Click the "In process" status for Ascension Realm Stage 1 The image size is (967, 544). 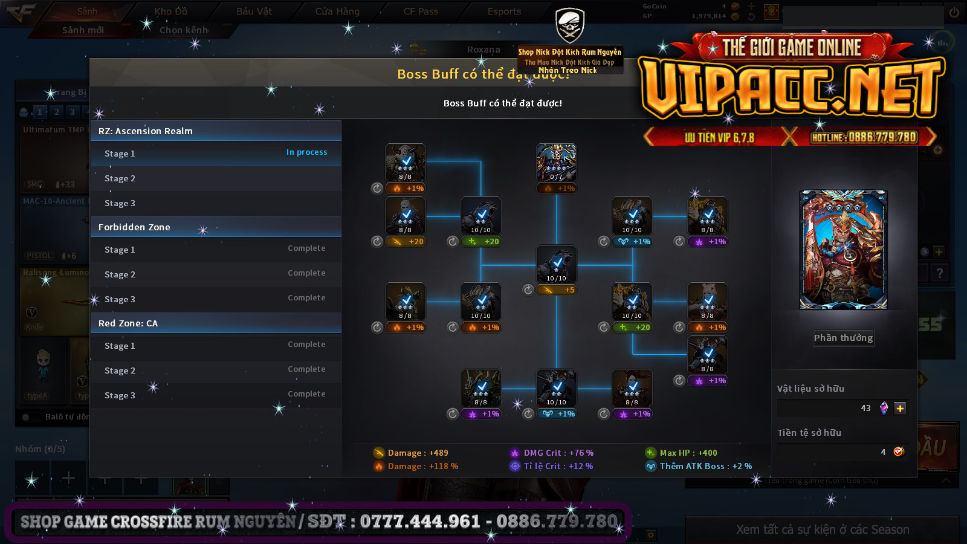pyautogui.click(x=306, y=152)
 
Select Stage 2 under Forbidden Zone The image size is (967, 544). pyautogui.click(x=120, y=274)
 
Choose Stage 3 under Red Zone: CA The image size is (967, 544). pyautogui.click(x=120, y=395)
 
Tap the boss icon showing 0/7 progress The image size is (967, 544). pyautogui.click(x=556, y=163)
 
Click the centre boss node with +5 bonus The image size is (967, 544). pyautogui.click(x=556, y=265)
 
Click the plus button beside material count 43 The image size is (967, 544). pyautogui.click(x=900, y=408)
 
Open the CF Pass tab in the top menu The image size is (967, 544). pyautogui.click(x=421, y=11)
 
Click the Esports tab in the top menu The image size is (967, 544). pyautogui.click(x=504, y=11)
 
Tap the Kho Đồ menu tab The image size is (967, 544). pyautogui.click(x=170, y=11)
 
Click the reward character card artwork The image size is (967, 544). pyautogui.click(x=843, y=250)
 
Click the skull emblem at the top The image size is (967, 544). pyautogui.click(x=569, y=25)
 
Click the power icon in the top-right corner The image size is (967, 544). pyautogui.click(x=954, y=12)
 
